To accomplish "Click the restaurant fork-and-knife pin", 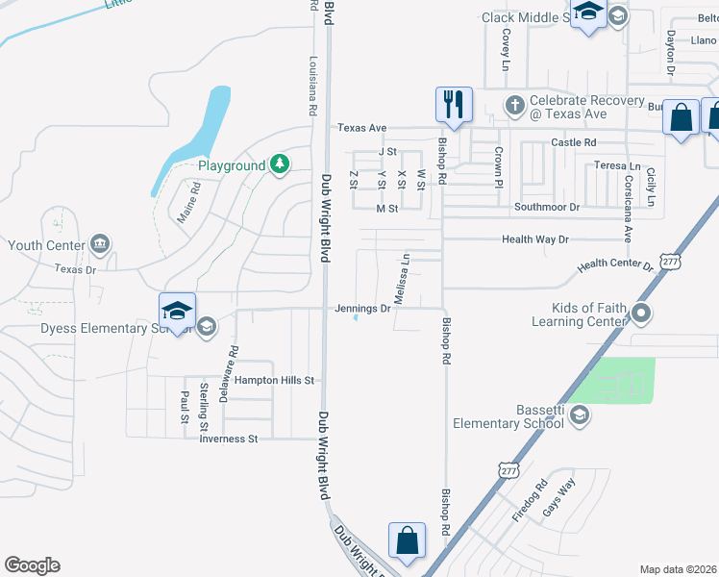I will coord(454,105).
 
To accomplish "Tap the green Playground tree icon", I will coord(279,165).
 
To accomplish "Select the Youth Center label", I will coord(45,245).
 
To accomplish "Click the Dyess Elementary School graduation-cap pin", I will coord(178,312).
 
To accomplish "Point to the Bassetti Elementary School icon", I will coord(579,414).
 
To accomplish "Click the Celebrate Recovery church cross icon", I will coord(514,105).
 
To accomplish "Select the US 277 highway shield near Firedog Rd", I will coord(508,470).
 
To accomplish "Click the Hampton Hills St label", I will coord(275,381).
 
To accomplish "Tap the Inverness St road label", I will coord(229,439).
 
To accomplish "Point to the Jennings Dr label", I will coord(362,309).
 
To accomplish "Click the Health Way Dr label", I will coord(535,239).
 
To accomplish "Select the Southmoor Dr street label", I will coord(548,207).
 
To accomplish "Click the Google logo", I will coord(32,565).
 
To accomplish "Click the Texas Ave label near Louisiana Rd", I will coord(361,128).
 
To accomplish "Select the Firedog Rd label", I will coord(530,501).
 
